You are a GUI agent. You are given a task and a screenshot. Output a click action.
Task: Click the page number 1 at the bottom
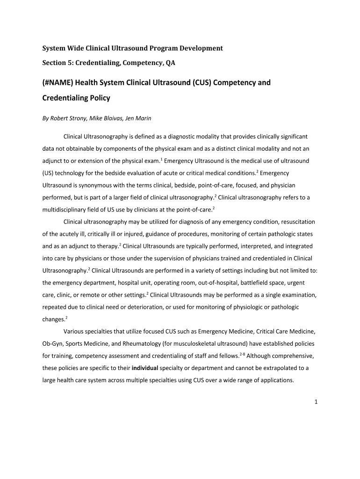(x=316, y=402)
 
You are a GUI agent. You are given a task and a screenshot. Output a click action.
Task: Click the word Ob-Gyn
(x=53, y=343)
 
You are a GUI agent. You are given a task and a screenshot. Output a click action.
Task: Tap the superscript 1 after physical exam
(x=161, y=159)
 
